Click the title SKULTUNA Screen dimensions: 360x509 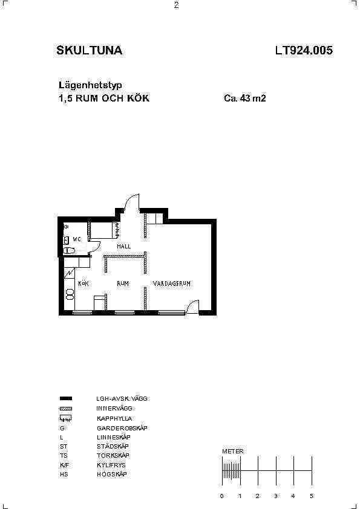point(90,50)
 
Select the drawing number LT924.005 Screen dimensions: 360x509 point(304,50)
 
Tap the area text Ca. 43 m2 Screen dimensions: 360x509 point(245,98)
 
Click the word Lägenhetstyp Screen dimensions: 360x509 point(90,85)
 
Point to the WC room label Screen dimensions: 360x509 point(77,239)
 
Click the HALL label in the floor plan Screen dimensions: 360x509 point(124,247)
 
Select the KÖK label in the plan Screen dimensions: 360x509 point(83,284)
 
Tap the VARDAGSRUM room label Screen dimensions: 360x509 point(172,284)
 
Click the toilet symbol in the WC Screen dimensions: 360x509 point(69,251)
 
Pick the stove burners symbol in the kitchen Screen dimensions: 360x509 point(70,294)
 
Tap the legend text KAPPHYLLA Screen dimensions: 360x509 point(114,418)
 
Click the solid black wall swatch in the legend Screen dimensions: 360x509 point(66,398)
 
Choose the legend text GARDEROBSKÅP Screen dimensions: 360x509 point(122,428)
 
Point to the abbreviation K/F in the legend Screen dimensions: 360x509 point(64,465)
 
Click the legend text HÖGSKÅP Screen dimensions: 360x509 point(112,474)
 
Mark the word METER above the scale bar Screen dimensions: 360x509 point(232,451)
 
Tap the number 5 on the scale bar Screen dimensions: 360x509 point(312,496)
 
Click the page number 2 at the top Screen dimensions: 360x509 point(177,5)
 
